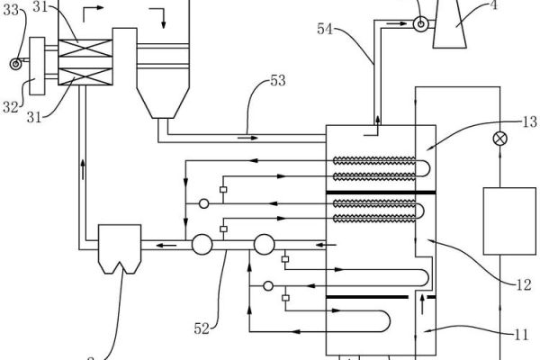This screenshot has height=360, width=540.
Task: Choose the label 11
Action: [521, 336]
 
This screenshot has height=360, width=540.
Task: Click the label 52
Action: [202, 329]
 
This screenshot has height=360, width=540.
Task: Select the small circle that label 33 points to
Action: [12, 62]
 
